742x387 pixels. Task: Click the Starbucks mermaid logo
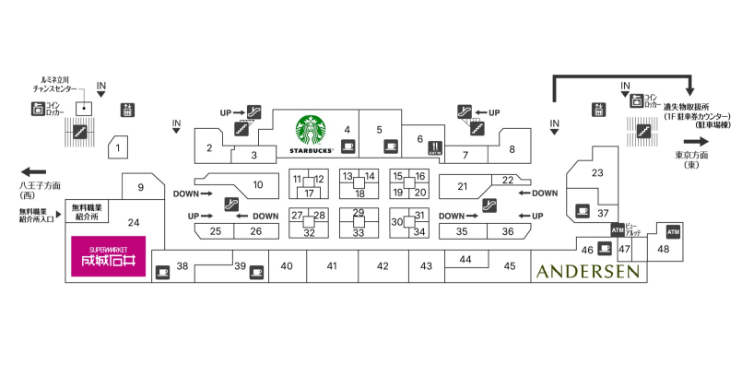point(311,130)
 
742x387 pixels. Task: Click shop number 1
point(117,145)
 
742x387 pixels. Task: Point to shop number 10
point(258,184)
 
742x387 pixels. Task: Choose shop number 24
point(134,222)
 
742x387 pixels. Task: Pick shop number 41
point(332,266)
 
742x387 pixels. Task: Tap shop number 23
point(597,172)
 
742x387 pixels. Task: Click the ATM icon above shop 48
point(671,229)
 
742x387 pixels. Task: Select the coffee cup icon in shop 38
point(163,272)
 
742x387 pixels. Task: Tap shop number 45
point(510,266)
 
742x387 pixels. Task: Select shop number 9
point(141,188)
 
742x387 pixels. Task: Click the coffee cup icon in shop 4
point(348,146)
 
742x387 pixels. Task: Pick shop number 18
point(359,193)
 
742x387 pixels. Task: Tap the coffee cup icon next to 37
point(582,210)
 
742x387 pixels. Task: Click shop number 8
point(512,148)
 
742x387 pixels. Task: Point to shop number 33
point(359,232)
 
